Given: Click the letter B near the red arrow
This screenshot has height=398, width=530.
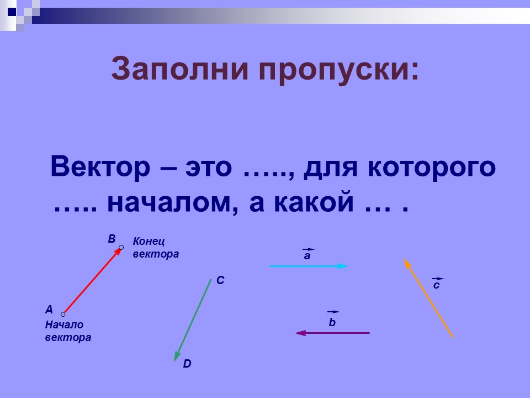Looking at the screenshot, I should coord(112,239).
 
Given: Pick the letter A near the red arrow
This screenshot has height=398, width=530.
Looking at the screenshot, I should coord(49,310).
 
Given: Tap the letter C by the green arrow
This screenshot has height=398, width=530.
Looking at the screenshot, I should coord(220,281).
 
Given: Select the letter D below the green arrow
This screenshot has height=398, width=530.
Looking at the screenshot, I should coord(187,364).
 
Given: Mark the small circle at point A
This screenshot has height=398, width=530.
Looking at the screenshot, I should coord(63,314).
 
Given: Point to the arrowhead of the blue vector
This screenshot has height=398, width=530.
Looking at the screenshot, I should coord(343,266).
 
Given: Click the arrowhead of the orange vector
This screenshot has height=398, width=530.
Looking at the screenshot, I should coord(406,263).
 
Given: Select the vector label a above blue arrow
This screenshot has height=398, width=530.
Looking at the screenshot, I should coord(308,256).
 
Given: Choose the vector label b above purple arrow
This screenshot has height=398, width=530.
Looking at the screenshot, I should coord(332,322).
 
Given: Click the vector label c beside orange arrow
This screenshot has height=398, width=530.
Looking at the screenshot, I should coord(437,285).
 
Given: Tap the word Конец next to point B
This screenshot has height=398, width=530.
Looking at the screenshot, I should coord(149,242).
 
